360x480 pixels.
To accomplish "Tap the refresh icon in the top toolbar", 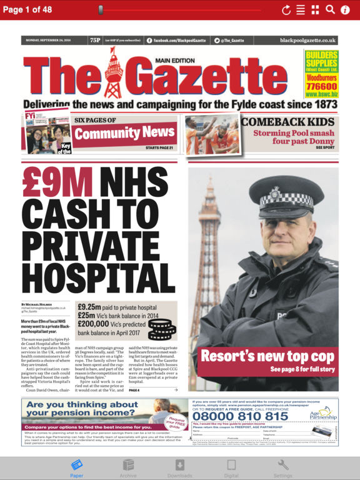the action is [x=286, y=9].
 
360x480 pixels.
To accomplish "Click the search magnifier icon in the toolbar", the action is [x=330, y=9].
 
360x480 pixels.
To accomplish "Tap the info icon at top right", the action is [x=345, y=9].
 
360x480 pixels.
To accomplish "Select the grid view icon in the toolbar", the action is [x=315, y=9].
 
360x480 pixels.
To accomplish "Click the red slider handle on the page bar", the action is [x=101, y=10].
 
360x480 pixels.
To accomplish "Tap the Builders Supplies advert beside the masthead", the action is [x=321, y=74].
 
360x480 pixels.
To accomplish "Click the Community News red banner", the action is [x=124, y=133].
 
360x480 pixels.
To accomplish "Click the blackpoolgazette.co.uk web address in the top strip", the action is [x=307, y=40].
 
